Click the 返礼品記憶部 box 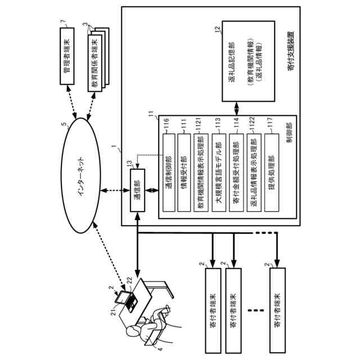pos(247,61)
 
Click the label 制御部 pos(289,147)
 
